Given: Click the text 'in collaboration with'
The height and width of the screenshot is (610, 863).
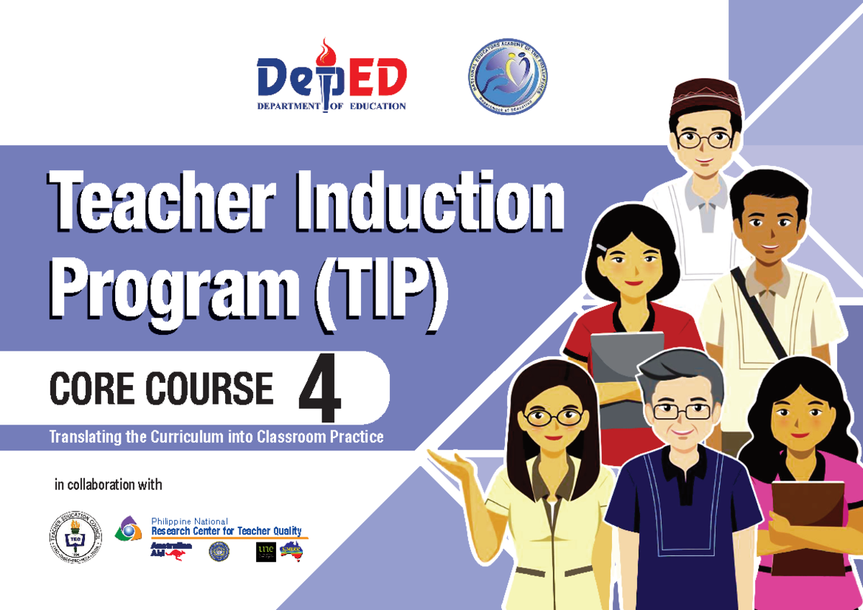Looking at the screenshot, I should pyautogui.click(x=109, y=485).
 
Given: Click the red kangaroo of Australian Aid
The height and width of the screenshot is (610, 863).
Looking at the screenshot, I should pyautogui.click(x=174, y=554).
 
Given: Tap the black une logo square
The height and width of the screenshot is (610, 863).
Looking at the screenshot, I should pyautogui.click(x=266, y=552).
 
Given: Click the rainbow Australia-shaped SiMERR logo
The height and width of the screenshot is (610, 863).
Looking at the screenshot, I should pyautogui.click(x=291, y=551).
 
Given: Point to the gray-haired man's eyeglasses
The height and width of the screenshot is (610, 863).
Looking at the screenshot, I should pyautogui.click(x=681, y=412).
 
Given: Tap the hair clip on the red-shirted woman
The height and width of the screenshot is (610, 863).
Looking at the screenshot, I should pyautogui.click(x=601, y=248).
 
